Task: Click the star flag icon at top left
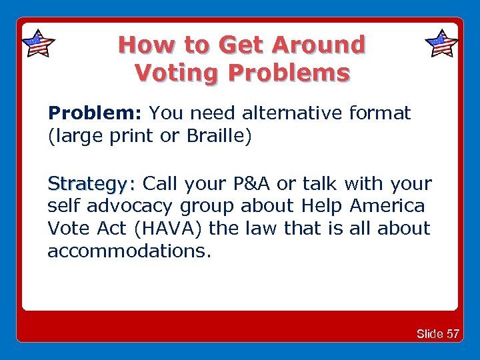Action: point(38,44)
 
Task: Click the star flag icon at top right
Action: point(441,44)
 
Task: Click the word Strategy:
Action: point(91,183)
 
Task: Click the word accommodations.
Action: point(128,251)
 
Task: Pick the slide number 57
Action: point(453,334)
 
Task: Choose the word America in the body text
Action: point(387,206)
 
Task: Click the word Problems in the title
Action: point(289,72)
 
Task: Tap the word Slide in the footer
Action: point(430,334)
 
